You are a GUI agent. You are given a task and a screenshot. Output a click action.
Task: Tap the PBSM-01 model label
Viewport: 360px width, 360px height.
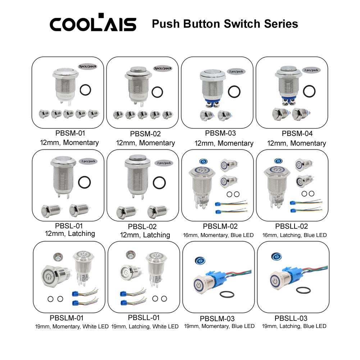pyautogui.click(x=70, y=133)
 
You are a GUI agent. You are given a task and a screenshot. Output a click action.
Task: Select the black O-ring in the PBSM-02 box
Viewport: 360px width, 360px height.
pyautogui.click(x=157, y=92)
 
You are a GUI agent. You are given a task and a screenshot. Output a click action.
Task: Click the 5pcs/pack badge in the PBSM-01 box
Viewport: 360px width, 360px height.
pyautogui.click(x=88, y=66)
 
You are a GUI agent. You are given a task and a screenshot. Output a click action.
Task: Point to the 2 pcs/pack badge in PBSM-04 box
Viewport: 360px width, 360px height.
pyautogui.click(x=311, y=70)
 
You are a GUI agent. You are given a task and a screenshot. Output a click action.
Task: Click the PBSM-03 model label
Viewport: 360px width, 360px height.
pyautogui.click(x=220, y=133)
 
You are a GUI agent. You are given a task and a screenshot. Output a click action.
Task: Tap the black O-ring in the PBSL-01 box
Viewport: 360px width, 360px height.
pyautogui.click(x=85, y=182)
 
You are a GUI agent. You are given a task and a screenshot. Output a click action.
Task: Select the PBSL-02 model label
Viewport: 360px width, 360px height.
pyautogui.click(x=142, y=227)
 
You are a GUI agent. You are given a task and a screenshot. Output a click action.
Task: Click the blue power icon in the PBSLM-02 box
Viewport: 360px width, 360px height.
pyautogui.click(x=204, y=161)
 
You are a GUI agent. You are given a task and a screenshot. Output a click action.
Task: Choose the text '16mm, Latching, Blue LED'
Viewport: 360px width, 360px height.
pyautogui.click(x=295, y=235)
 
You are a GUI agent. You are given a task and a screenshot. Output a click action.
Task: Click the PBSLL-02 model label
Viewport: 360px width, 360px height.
pyautogui.click(x=292, y=226)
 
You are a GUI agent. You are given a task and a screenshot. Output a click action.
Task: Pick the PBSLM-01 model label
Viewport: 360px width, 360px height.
pyautogui.click(x=67, y=318)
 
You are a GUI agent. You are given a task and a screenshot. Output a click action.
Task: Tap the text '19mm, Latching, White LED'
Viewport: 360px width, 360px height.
pyautogui.click(x=145, y=327)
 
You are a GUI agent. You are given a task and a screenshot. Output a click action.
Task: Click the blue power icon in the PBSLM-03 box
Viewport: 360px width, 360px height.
pyautogui.click(x=200, y=261)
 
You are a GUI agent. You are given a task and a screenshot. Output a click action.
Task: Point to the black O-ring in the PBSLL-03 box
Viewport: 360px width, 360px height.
pyautogui.click(x=303, y=290)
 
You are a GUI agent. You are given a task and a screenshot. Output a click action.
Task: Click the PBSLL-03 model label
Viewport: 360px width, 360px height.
pyautogui.click(x=291, y=318)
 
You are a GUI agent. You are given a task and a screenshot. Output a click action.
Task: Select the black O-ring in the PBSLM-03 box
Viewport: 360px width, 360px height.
pyautogui.click(x=227, y=294)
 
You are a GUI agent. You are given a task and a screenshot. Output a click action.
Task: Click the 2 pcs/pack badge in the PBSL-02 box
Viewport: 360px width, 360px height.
pyautogui.click(x=164, y=163)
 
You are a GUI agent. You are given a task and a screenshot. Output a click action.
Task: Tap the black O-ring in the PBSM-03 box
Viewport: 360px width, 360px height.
pyautogui.click(x=234, y=91)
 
